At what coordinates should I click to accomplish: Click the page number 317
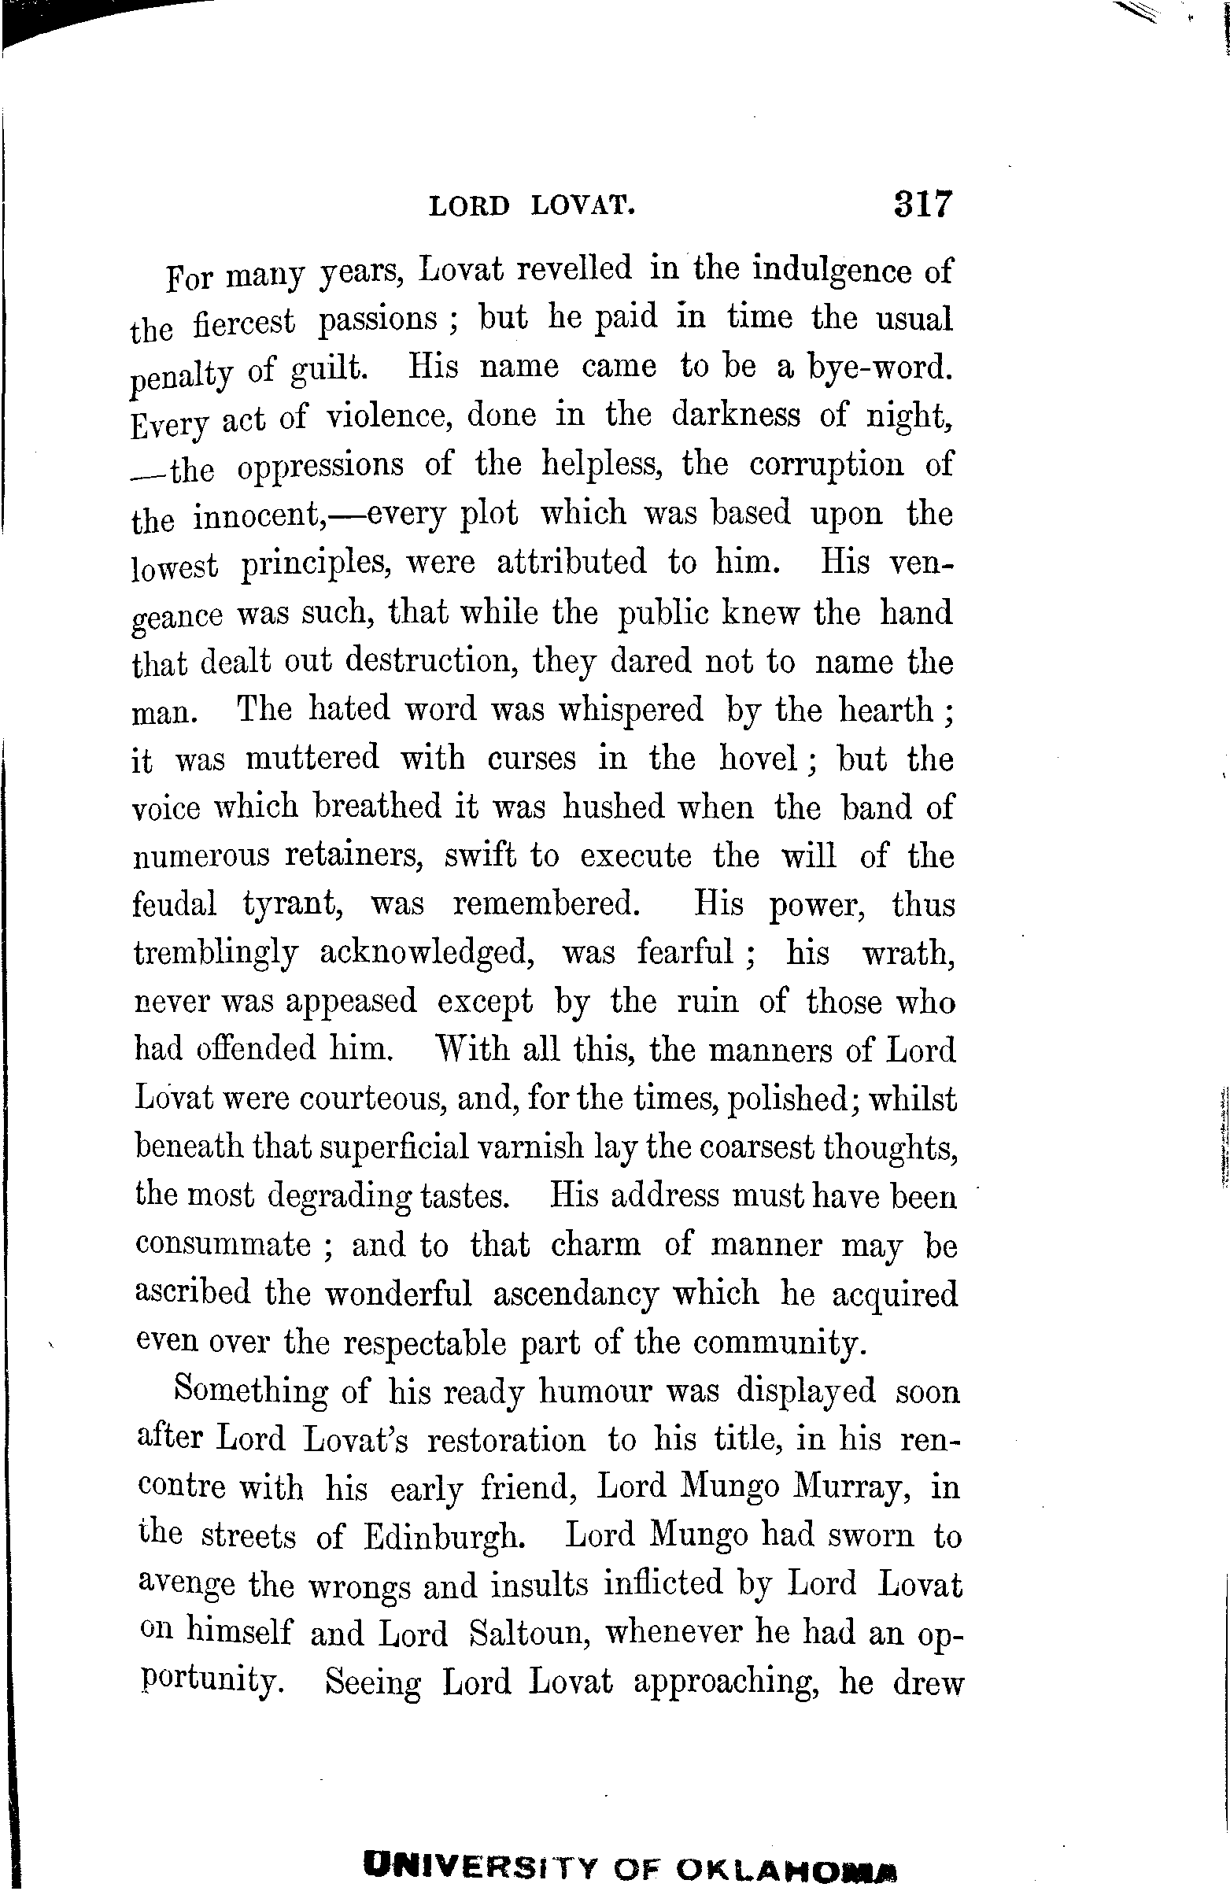pos(922,204)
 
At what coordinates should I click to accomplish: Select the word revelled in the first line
pos(574,268)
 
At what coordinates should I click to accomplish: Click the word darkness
pos(736,415)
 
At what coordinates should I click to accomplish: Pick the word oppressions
pos(320,467)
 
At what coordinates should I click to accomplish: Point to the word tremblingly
pos(216,954)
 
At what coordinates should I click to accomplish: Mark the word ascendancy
pos(576,1294)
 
